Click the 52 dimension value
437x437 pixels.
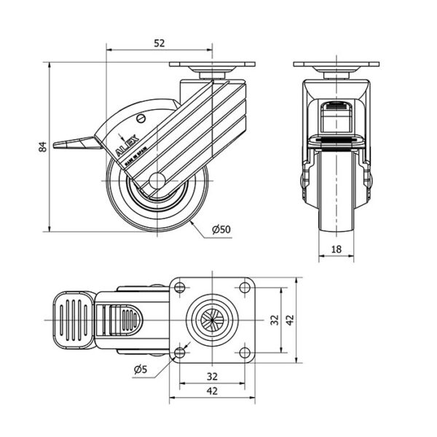[158, 43]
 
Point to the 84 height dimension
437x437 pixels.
[42, 147]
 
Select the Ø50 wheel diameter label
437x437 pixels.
[221, 229]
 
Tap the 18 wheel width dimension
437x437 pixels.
[336, 249]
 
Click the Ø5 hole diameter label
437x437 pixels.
[141, 369]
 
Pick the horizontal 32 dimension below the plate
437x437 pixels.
[211, 377]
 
